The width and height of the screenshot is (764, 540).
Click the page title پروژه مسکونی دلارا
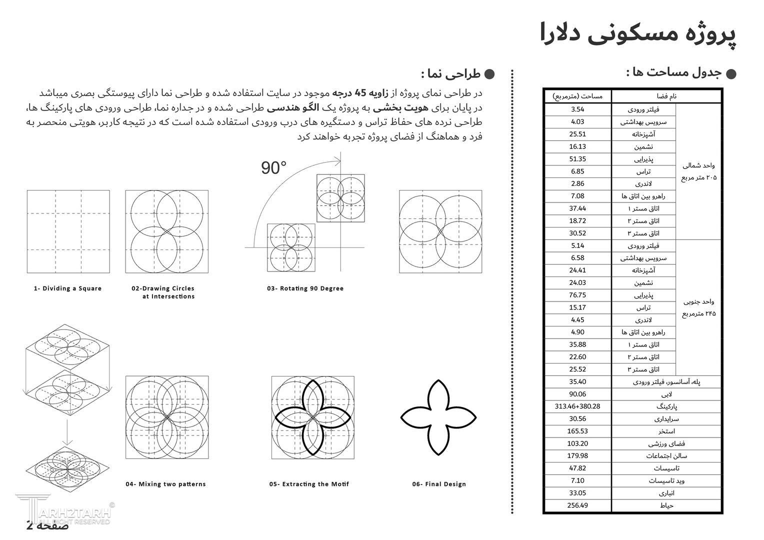638,34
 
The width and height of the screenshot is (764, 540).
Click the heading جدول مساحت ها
673,73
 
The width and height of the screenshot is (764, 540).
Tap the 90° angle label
274,168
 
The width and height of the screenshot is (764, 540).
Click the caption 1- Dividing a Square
67,288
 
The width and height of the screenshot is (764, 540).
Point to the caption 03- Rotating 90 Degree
305,288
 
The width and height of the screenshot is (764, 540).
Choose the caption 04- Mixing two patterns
165,484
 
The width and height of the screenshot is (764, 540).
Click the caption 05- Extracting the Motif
309,484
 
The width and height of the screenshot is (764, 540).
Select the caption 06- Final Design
439,484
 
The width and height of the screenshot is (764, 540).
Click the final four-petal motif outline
438,417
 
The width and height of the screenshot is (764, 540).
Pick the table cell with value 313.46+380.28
577,406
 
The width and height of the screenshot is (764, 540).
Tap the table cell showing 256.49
577,505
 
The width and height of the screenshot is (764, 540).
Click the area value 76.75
577,295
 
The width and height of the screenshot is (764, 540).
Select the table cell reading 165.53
577,431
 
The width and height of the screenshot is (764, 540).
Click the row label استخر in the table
666,431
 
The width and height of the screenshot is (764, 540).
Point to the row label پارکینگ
666,406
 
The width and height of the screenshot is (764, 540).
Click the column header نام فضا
666,96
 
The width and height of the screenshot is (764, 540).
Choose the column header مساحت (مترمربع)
577,96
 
